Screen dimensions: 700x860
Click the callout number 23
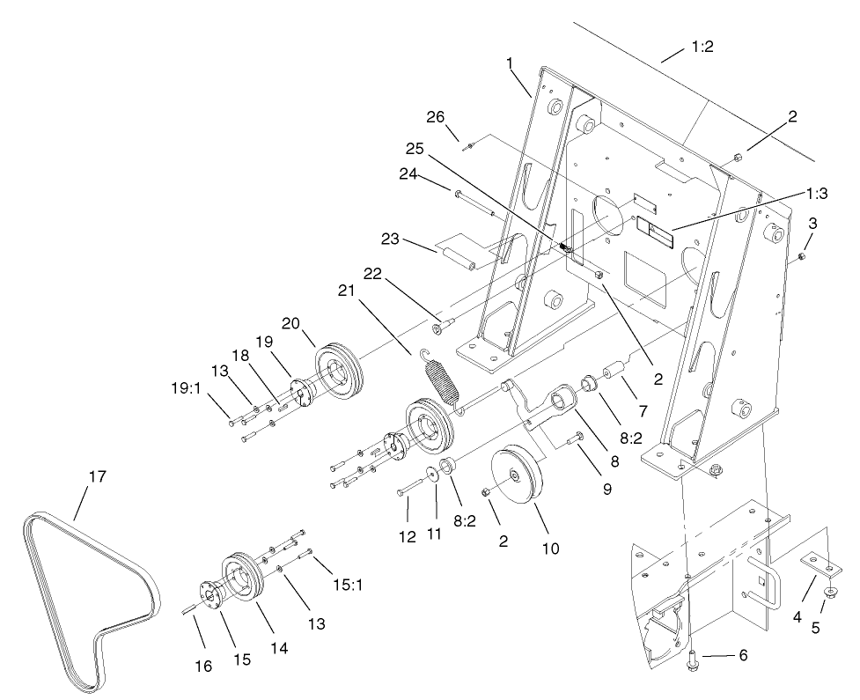[x=390, y=239]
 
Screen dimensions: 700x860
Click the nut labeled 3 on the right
[x=802, y=256]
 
